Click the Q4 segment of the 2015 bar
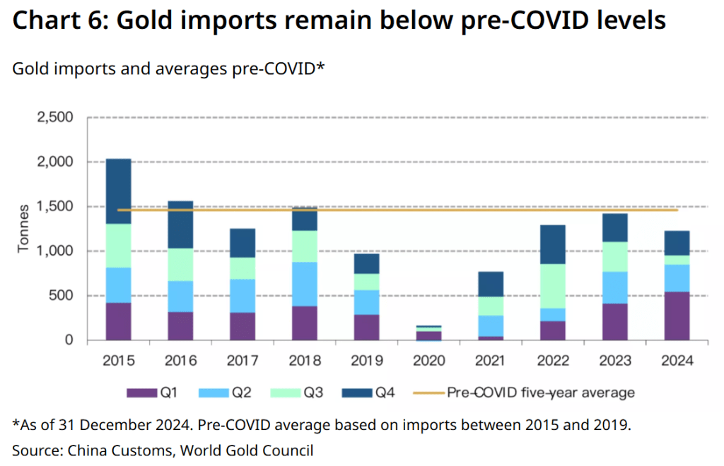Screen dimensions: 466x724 point(118,191)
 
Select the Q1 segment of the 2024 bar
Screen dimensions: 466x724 point(677,316)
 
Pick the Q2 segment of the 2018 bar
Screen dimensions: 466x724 point(305,284)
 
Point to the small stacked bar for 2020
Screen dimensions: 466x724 point(428,333)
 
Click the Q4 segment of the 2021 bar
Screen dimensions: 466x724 point(490,284)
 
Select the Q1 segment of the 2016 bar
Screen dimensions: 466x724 point(180,325)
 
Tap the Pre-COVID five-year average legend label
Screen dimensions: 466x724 point(540,392)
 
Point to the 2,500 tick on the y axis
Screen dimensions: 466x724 point(55,117)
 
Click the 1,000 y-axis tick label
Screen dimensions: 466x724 point(55,251)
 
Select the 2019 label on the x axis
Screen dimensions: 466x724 point(367,361)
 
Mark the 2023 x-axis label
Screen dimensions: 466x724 point(614,361)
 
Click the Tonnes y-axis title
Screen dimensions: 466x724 point(23,229)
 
